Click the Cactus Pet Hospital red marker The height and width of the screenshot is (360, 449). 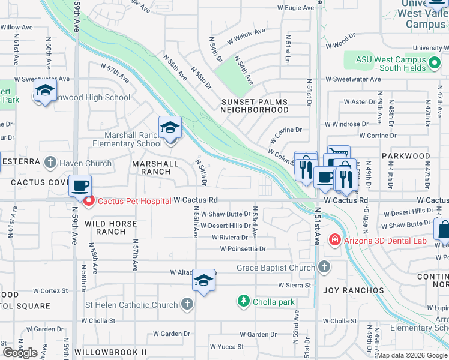pyautogui.click(x=89, y=201)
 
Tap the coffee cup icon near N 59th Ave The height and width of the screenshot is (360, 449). pyautogui.click(x=80, y=185)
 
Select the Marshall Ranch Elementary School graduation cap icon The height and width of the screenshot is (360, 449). pyautogui.click(x=170, y=128)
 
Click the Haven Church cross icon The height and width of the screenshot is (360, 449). pyautogui.click(x=50, y=163)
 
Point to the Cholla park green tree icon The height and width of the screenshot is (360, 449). pyautogui.click(x=243, y=301)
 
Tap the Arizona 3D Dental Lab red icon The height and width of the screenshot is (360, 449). pyautogui.click(x=334, y=241)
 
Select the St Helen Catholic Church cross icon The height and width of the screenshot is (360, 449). pyautogui.click(x=187, y=305)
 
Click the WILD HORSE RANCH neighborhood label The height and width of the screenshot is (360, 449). pyautogui.click(x=110, y=227)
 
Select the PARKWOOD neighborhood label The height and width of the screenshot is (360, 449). pyautogui.click(x=406, y=156)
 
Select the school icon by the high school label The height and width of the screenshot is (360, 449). pyautogui.click(x=44, y=92)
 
